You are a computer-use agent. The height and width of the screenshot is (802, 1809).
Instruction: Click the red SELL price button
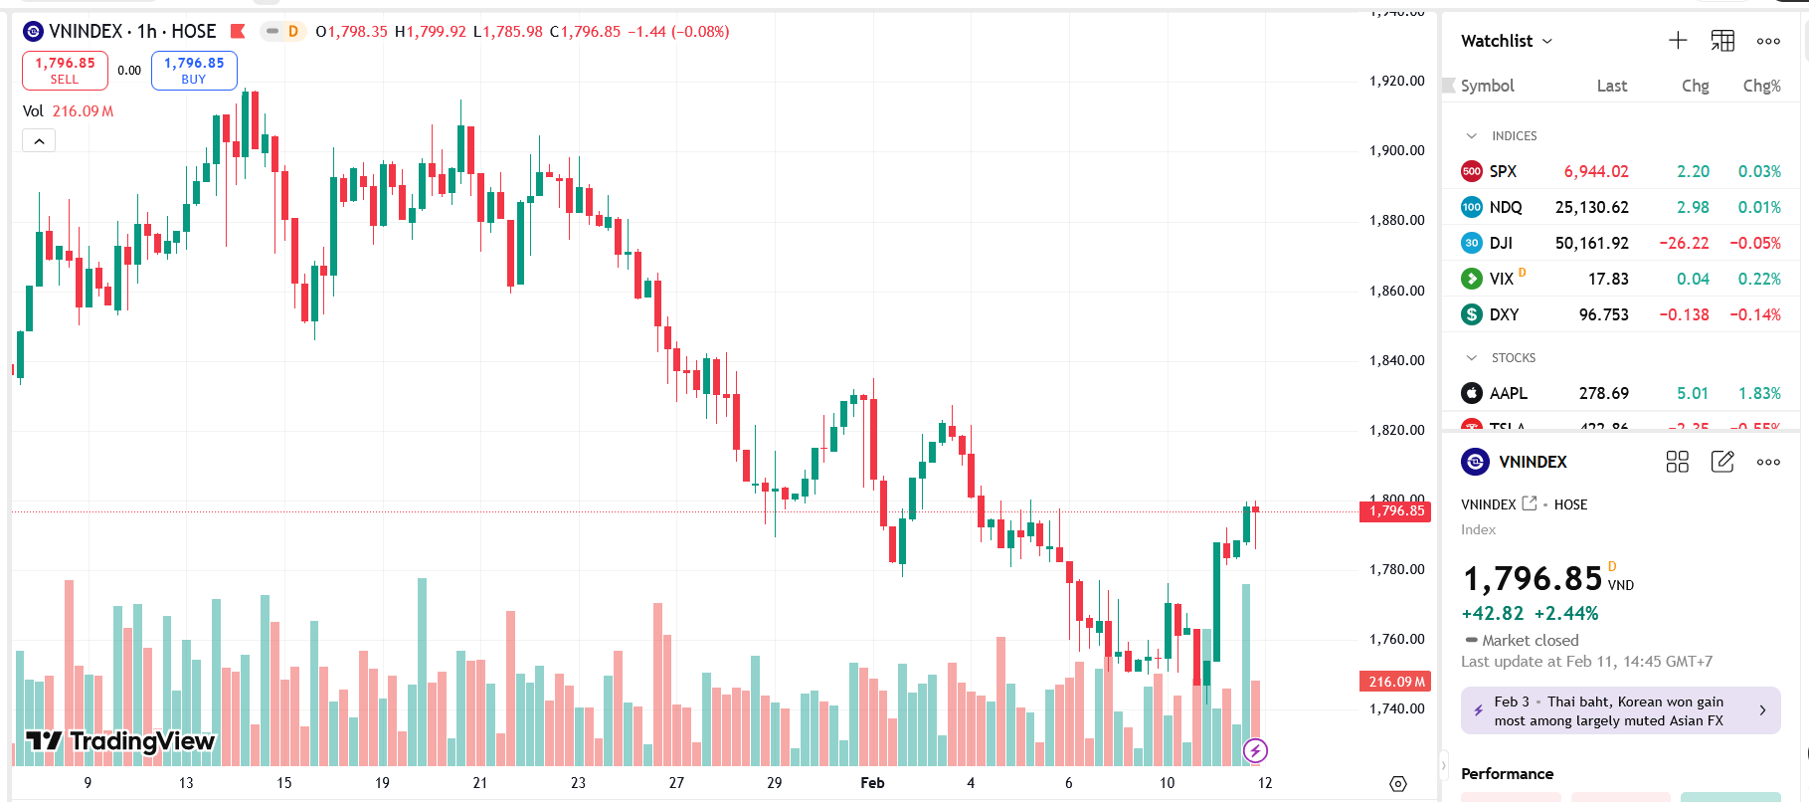(x=65, y=70)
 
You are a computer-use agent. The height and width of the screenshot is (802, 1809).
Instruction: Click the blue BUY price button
(x=194, y=70)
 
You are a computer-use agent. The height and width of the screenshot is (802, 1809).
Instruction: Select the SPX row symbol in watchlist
(x=1503, y=171)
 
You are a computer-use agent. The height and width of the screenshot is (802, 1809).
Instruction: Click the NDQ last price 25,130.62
(x=1591, y=207)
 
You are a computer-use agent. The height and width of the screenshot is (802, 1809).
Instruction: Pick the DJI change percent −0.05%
(x=1754, y=243)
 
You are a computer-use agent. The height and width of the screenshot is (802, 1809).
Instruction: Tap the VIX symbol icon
(x=1472, y=279)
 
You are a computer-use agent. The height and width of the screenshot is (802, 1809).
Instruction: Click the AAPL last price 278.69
(x=1603, y=393)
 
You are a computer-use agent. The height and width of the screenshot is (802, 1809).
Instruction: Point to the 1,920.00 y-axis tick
(x=1396, y=81)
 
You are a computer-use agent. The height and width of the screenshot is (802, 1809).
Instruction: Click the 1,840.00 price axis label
(x=1396, y=360)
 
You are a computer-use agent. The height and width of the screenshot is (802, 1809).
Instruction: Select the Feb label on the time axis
(x=872, y=783)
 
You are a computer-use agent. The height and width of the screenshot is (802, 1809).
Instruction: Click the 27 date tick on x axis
(x=676, y=783)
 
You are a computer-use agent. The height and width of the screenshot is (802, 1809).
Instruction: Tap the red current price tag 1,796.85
(x=1395, y=511)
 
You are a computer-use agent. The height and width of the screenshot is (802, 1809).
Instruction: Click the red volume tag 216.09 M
(x=1395, y=682)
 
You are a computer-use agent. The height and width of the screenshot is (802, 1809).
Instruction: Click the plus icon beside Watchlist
(x=1678, y=41)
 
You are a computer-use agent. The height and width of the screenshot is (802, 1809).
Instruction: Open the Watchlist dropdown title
(x=1506, y=41)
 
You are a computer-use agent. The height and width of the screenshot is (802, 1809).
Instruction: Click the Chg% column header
(x=1761, y=86)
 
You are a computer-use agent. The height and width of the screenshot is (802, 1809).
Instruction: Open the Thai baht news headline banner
(x=1620, y=710)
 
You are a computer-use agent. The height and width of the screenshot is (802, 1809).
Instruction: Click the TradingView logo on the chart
(x=120, y=741)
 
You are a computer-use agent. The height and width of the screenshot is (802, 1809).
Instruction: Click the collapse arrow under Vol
(x=39, y=141)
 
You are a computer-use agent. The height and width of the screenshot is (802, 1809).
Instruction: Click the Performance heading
(x=1507, y=773)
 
